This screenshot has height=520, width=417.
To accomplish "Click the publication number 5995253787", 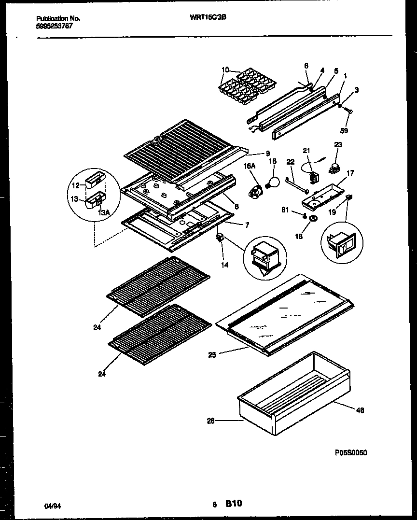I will tap(55, 26).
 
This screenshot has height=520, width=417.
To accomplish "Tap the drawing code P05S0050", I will tap(351, 452).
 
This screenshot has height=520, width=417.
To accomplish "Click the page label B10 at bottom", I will tap(233, 504).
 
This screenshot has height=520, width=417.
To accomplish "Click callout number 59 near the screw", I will tap(345, 130).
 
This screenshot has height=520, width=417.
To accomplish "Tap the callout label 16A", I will tap(249, 166).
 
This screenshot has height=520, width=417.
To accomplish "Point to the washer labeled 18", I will tap(313, 220).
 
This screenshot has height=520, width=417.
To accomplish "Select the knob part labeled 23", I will tap(333, 169).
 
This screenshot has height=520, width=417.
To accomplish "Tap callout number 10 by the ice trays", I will tap(225, 70).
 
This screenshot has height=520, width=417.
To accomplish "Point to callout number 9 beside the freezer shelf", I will tap(267, 154).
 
